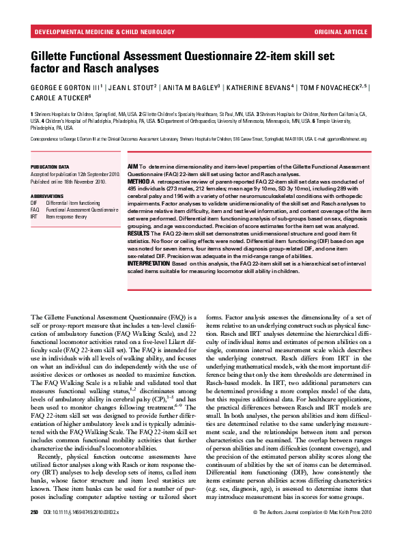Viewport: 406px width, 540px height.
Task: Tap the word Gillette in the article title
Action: click(53, 56)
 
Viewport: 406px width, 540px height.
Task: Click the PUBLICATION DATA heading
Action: click(50, 167)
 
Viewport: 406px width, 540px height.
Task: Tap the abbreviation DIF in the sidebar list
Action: click(34, 203)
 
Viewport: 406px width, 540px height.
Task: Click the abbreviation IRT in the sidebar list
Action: click(34, 216)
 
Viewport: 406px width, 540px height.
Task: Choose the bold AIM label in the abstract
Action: click(132, 167)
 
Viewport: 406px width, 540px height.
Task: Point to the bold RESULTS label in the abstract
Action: click(139, 233)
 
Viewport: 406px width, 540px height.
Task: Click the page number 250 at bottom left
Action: click(34, 530)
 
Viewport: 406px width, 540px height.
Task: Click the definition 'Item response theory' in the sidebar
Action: click(66, 216)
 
